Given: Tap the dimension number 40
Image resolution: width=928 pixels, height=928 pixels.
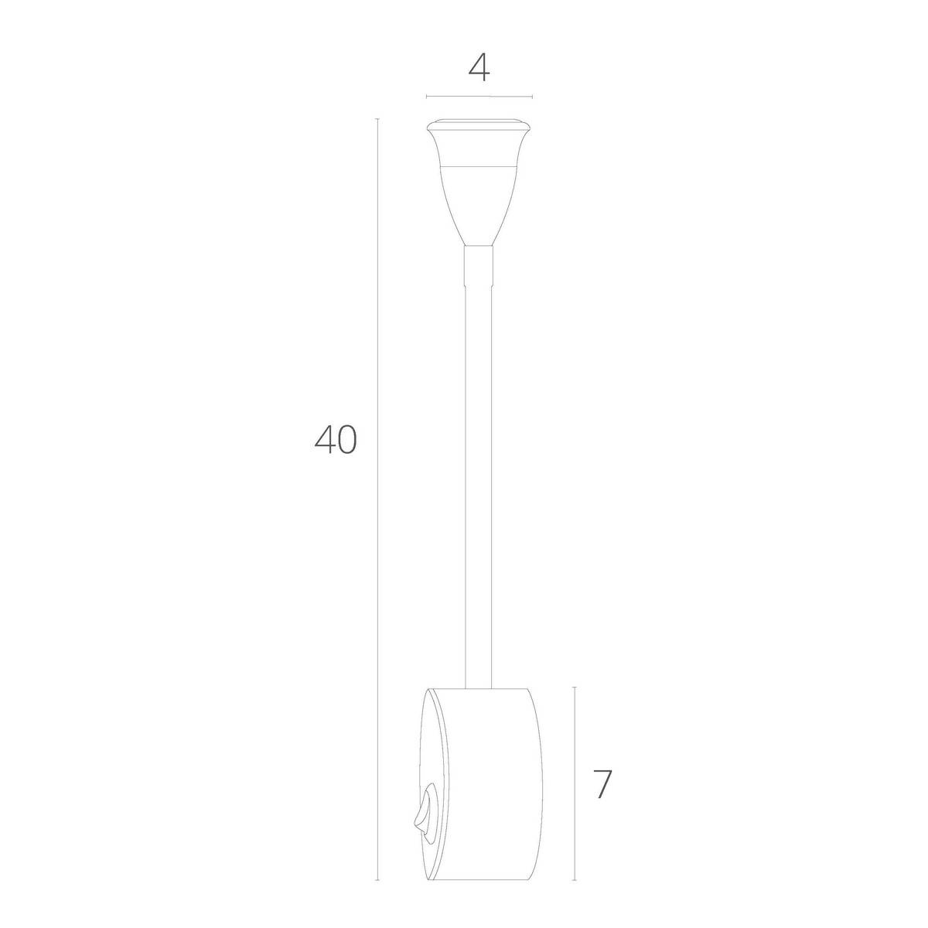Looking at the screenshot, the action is pos(336,440).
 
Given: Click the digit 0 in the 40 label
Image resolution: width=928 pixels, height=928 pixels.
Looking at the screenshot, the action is pos(346,440).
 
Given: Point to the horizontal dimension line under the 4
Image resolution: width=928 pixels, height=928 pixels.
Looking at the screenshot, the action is pos(479,97).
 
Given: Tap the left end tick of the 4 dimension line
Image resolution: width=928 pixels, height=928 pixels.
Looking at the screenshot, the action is pos(427,97).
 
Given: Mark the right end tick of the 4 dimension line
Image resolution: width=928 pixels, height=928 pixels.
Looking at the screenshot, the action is pos(532,97).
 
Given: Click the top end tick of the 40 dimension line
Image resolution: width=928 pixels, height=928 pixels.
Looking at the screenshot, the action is pos(377,118).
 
